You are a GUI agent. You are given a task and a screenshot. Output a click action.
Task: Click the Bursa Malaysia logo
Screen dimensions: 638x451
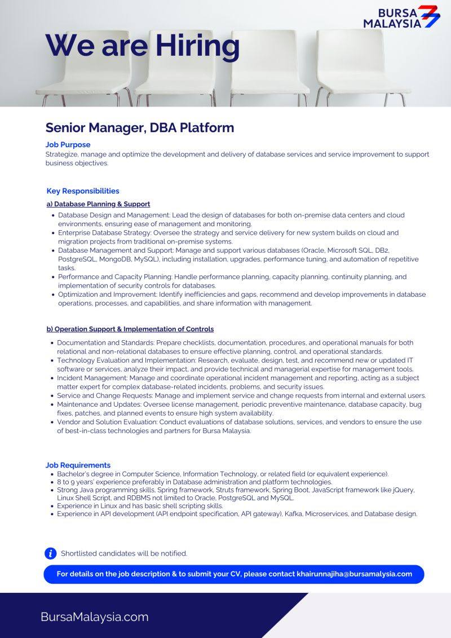tap(401, 17)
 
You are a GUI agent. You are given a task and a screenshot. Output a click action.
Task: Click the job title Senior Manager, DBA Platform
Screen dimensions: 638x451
tap(139, 127)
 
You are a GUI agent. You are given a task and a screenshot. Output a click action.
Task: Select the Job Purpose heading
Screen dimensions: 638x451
tap(68, 145)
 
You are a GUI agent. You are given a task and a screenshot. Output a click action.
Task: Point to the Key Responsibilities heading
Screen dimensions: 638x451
tap(83, 191)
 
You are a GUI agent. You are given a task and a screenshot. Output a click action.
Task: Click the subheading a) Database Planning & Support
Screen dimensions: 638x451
tap(98, 204)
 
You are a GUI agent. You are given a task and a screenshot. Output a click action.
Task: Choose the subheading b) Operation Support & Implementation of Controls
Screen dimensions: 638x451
tap(130, 329)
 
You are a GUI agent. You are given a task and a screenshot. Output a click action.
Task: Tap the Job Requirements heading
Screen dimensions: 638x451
tap(78, 465)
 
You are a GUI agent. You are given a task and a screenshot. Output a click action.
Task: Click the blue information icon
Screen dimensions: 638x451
tap(51, 553)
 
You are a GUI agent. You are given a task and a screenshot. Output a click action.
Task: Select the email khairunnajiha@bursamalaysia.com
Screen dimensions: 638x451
tap(354, 574)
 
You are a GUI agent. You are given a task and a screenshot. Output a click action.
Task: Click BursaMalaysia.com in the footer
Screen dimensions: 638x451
tap(94, 617)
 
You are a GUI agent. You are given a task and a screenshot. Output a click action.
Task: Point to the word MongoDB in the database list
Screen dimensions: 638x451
tap(116, 259)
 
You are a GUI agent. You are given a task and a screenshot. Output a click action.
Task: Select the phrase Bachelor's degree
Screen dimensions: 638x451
tap(84, 474)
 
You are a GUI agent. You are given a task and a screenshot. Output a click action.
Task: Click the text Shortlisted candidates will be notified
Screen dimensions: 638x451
tap(124, 553)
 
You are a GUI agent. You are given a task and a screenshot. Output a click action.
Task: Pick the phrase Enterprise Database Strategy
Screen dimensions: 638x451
tap(103, 232)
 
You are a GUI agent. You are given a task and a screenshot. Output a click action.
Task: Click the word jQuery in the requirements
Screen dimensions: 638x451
tap(401, 490)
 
